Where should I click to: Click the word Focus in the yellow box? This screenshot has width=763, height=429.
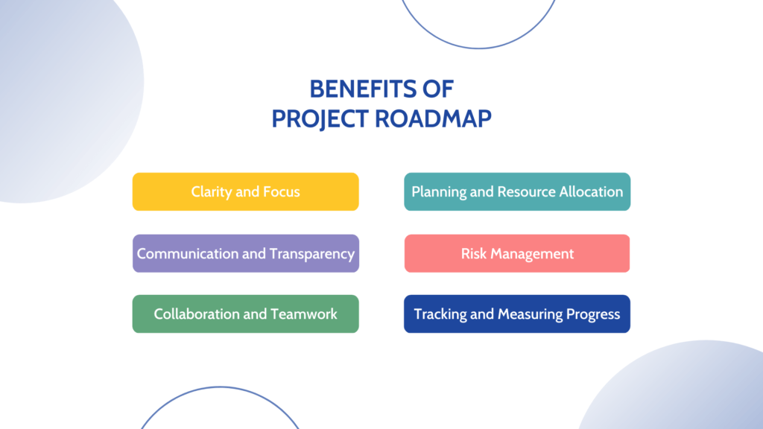[x=282, y=192]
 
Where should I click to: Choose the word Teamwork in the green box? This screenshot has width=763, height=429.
[x=304, y=314]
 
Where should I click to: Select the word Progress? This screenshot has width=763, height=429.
[x=591, y=314]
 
